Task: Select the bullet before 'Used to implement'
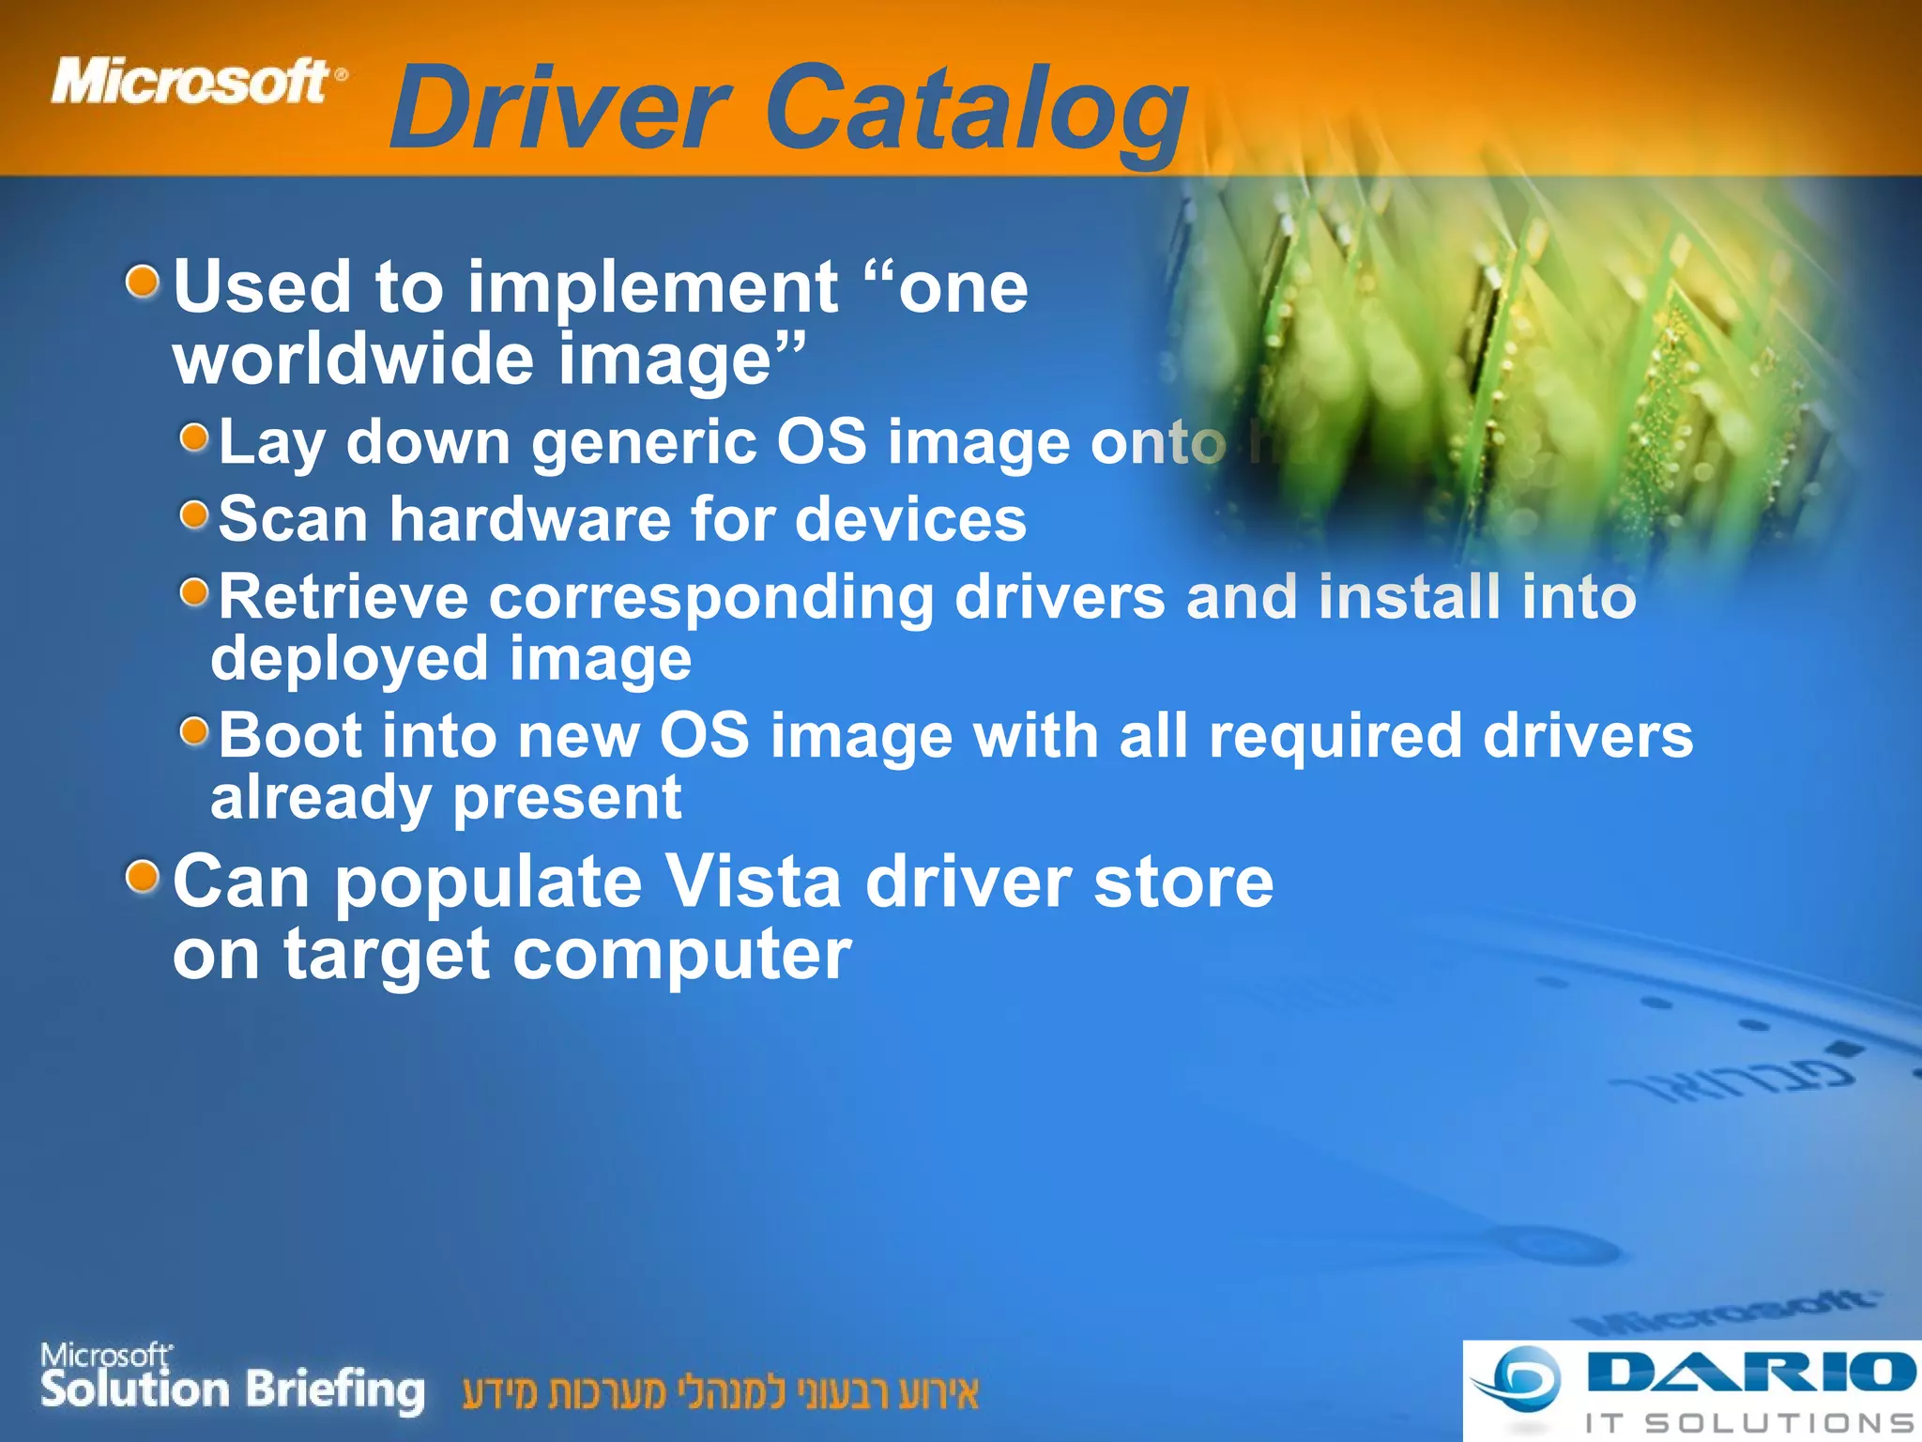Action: [143, 281]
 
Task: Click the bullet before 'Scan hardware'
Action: [194, 514]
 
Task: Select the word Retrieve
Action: [343, 597]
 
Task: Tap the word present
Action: [567, 798]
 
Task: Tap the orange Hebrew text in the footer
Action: [720, 1393]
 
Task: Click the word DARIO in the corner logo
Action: [1749, 1373]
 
